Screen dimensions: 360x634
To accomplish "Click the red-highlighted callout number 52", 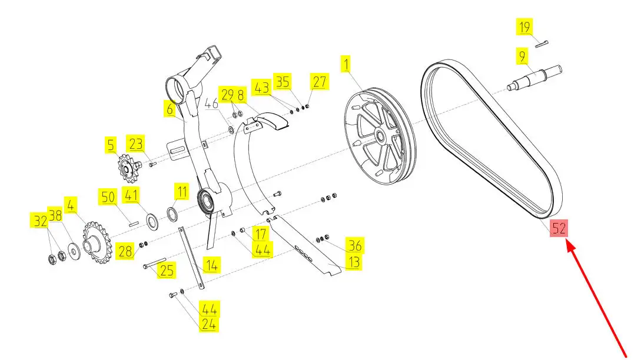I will (559, 229).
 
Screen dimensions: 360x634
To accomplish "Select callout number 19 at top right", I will (525, 27).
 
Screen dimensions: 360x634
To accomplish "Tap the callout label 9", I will (522, 57).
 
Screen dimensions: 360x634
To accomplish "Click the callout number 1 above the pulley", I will (347, 62).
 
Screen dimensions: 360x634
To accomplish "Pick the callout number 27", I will (319, 82).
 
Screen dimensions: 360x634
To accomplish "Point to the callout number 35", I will (283, 82).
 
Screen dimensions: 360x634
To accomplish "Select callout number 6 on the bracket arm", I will (170, 108).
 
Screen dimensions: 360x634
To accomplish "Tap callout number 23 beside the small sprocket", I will (136, 144).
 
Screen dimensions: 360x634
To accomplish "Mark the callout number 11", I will (182, 192).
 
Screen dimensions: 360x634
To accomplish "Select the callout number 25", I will (167, 271).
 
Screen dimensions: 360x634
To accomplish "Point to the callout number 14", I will (212, 265).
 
